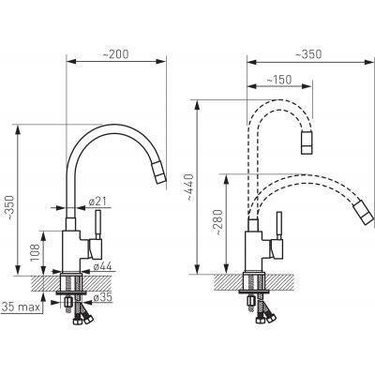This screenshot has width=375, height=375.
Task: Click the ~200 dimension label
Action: (115, 54)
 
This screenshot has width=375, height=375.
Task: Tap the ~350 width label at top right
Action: (308, 54)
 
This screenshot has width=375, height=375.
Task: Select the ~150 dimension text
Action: (278, 80)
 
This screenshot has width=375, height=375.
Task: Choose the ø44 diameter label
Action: (102, 266)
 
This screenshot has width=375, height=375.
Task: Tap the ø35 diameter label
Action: (103, 298)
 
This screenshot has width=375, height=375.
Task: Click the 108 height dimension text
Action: (35, 252)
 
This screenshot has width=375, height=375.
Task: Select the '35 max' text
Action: (21, 307)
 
